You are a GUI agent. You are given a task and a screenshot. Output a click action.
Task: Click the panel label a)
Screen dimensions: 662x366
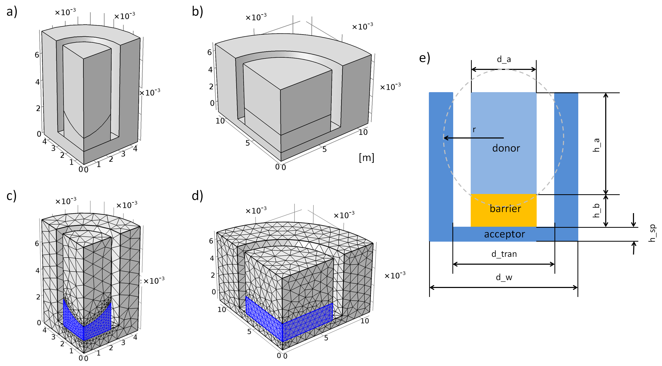click(12, 12)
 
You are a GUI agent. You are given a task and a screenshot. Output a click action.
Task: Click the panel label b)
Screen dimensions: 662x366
click(197, 12)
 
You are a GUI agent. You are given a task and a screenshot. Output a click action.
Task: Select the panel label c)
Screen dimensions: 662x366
click(12, 196)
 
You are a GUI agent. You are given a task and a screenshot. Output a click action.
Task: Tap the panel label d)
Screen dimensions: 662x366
click(197, 196)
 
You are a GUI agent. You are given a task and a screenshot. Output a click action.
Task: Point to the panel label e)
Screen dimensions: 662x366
click(424, 58)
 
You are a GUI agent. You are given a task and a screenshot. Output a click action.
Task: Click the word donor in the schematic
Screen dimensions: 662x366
click(506, 148)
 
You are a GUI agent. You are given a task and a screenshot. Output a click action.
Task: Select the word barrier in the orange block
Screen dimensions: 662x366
click(505, 209)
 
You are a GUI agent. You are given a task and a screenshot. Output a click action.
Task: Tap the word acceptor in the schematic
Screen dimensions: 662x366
click(504, 234)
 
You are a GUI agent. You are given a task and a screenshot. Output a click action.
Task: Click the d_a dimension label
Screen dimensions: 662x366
click(504, 60)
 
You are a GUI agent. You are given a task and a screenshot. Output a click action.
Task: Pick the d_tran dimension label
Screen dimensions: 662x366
click(504, 254)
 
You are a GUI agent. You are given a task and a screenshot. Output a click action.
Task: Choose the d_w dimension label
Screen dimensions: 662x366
click(504, 277)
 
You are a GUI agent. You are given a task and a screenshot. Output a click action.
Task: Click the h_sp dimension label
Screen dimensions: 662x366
click(652, 233)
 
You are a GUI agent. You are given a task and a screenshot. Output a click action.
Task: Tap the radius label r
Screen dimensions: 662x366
click(474, 129)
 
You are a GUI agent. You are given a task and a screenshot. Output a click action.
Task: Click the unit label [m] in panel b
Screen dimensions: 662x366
click(367, 158)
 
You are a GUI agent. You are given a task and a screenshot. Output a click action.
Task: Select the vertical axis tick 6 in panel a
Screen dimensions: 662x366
click(37, 55)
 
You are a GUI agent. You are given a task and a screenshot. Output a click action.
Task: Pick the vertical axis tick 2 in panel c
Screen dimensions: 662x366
click(38, 297)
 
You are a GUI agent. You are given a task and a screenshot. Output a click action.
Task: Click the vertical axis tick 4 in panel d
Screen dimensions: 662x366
click(212, 258)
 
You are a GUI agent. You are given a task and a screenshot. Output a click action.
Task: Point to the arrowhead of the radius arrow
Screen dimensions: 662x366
click(444, 138)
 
